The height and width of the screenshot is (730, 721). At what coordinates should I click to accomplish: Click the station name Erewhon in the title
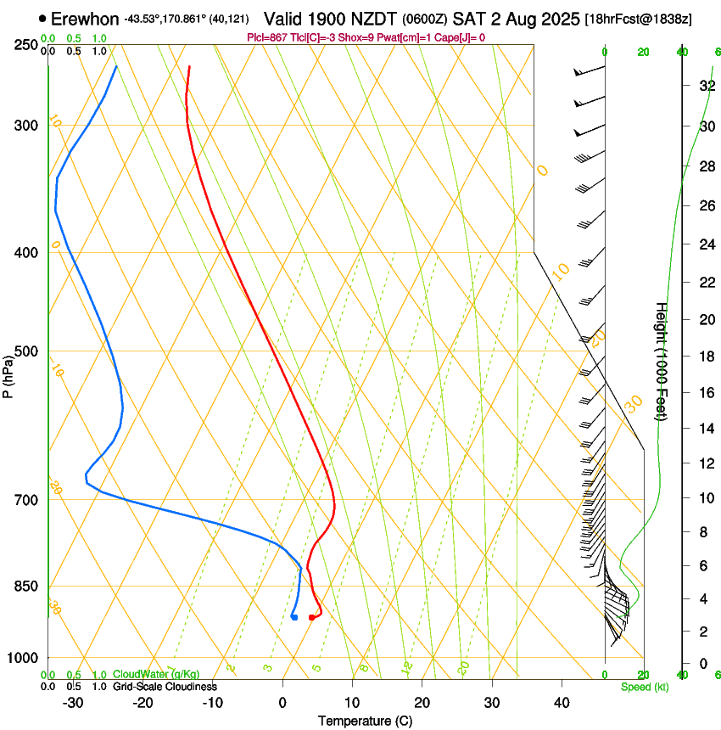(85, 18)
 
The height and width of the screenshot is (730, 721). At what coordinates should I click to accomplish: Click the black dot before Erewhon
(42, 18)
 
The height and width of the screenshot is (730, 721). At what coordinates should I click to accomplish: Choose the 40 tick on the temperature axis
(561, 702)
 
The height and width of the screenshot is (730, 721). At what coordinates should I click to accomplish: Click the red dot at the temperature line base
(312, 617)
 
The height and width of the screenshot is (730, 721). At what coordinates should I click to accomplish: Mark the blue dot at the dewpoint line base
(293, 617)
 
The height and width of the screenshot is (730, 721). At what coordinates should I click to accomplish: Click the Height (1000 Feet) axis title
(662, 361)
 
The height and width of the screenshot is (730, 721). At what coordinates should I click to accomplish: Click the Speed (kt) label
(644, 687)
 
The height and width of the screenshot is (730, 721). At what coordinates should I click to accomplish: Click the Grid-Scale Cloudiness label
(164, 687)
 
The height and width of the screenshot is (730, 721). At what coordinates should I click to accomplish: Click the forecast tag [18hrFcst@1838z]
(639, 19)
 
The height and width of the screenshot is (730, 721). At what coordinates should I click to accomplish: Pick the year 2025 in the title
(559, 18)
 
